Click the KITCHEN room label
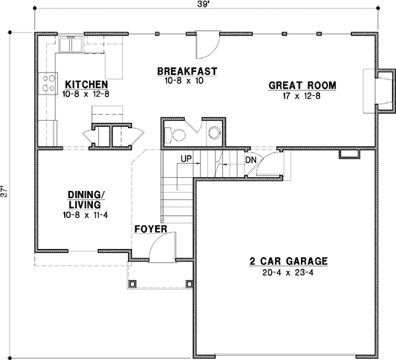pos(86,85)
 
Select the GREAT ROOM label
pos(302,85)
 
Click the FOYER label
pos(151,229)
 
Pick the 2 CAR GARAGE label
pos(288,260)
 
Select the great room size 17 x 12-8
pos(302,96)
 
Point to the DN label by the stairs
pos(250,160)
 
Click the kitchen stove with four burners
pos(48,83)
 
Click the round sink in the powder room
pos(214,132)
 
